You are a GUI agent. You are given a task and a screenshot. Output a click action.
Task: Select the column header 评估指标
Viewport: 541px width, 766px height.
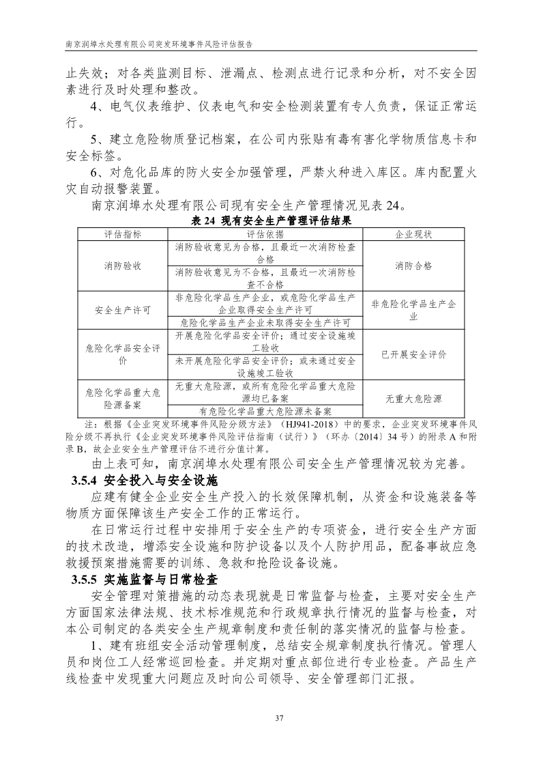(123, 233)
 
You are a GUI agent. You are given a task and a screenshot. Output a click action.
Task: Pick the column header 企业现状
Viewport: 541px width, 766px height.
(413, 233)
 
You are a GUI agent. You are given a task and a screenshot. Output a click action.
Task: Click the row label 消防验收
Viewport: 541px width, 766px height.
(123, 266)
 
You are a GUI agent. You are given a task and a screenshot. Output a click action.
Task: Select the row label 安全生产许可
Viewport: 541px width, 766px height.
(123, 310)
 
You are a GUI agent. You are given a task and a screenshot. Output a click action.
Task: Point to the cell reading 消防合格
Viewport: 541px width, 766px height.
(413, 266)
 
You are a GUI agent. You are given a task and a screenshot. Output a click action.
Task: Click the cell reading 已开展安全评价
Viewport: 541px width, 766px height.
(413, 354)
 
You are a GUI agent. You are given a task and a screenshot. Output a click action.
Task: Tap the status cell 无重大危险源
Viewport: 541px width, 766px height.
(413, 399)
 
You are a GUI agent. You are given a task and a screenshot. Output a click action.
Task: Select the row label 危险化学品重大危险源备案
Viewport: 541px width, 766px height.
(123, 399)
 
